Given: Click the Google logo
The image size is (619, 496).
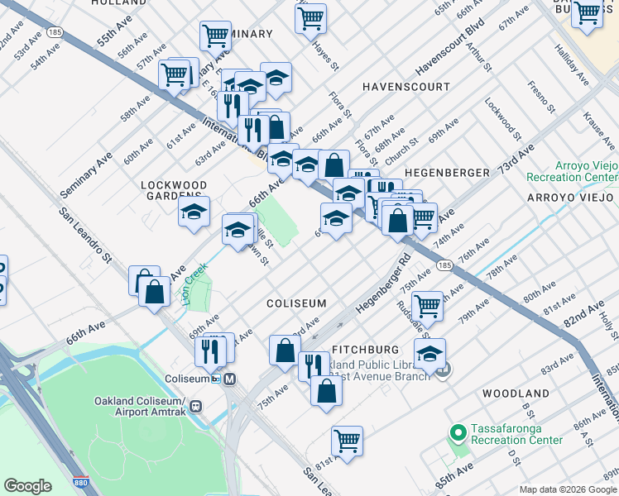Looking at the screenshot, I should [x=28, y=486].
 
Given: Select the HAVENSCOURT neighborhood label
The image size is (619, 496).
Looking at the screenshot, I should [x=406, y=87].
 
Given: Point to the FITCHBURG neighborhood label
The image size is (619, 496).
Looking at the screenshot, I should [x=366, y=351].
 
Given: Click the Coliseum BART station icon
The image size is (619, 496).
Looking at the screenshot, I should [x=230, y=379].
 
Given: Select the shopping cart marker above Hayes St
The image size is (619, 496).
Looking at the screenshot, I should [x=310, y=17].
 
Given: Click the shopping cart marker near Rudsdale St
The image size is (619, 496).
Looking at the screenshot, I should [x=428, y=305].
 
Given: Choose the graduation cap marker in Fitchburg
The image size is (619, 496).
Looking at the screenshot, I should [x=429, y=353].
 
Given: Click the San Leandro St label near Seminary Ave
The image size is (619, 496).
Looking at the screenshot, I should [x=85, y=235].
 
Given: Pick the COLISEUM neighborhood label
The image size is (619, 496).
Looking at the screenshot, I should [x=296, y=304].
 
